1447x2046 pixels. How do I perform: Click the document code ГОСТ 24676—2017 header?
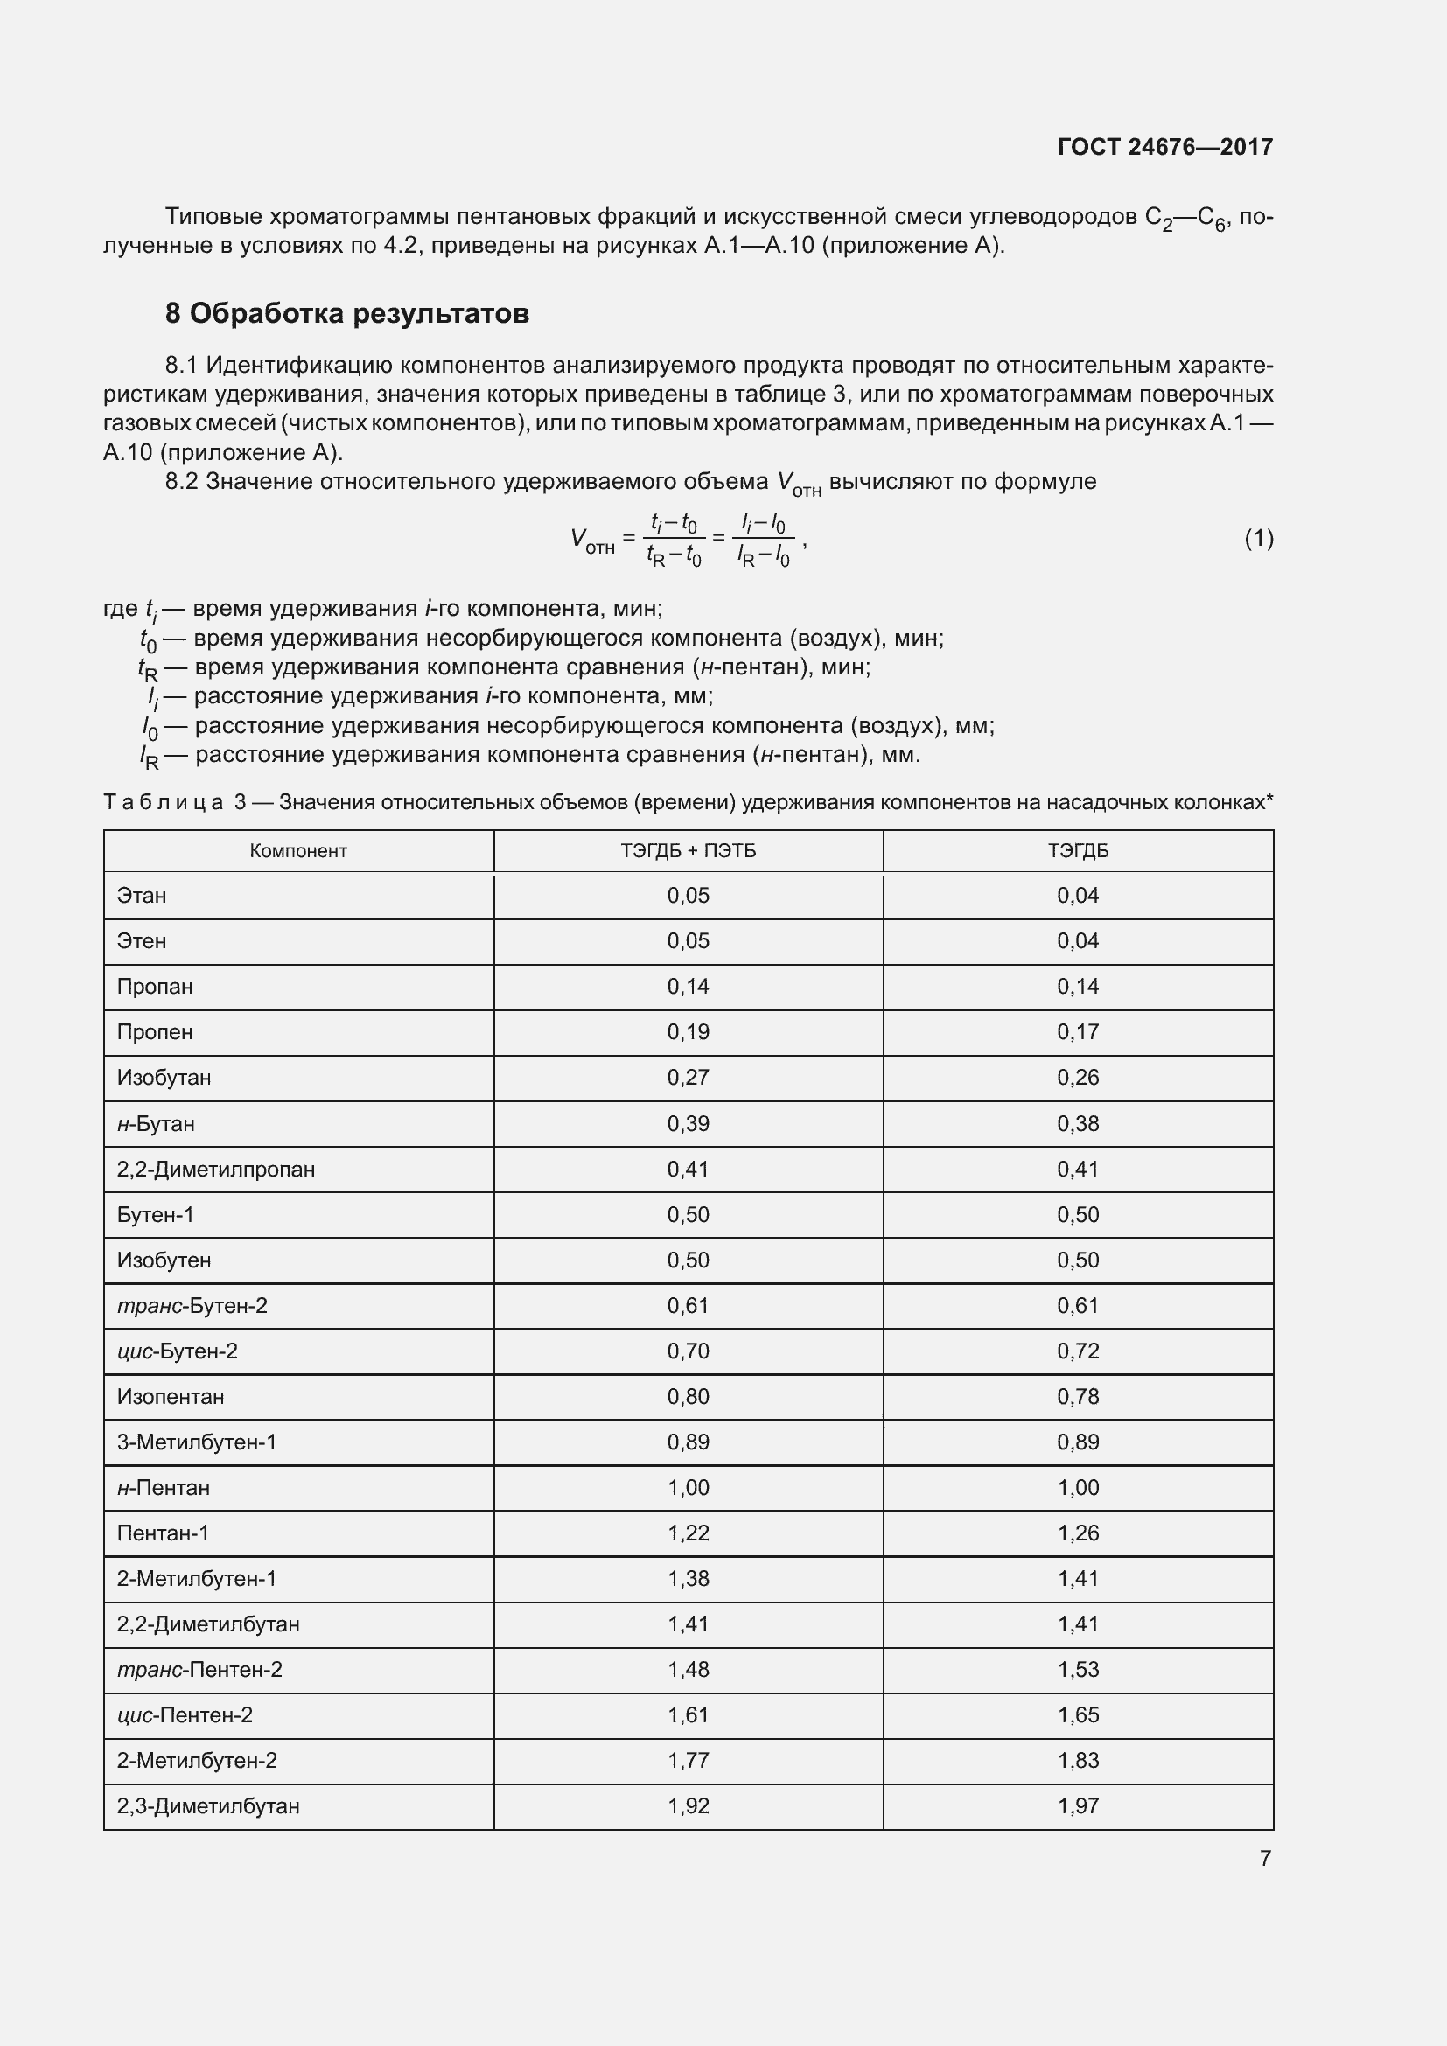[1164, 147]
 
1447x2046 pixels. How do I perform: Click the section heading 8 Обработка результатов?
[346, 314]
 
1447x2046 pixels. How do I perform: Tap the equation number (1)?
[1258, 538]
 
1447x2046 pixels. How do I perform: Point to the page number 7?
[1264, 1858]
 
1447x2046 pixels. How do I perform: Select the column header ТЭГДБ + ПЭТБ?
[688, 851]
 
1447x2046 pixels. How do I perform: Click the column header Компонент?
[297, 851]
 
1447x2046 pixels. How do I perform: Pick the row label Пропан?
[155, 987]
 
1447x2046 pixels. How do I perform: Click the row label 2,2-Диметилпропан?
[215, 1170]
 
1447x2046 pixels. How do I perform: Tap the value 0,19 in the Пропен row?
[688, 1032]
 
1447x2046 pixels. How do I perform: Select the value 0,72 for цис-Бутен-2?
[1077, 1351]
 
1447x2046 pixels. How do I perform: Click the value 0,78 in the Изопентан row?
[1077, 1396]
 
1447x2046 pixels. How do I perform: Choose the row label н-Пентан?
[163, 1487]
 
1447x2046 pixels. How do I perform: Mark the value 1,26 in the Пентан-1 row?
[1077, 1533]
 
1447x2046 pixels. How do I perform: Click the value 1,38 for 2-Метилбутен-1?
[688, 1578]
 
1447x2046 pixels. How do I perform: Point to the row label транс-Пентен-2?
[199, 1669]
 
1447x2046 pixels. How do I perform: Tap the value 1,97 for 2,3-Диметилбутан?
[1077, 1805]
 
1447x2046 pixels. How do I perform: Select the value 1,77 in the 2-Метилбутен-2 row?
[688, 1760]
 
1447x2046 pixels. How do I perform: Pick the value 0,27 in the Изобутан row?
[688, 1078]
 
